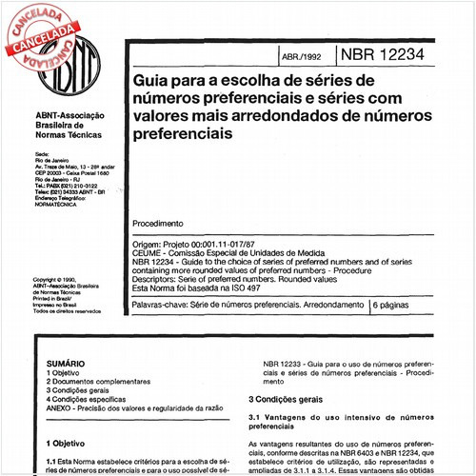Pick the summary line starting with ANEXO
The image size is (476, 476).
133,407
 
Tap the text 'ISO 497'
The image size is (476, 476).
247,288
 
